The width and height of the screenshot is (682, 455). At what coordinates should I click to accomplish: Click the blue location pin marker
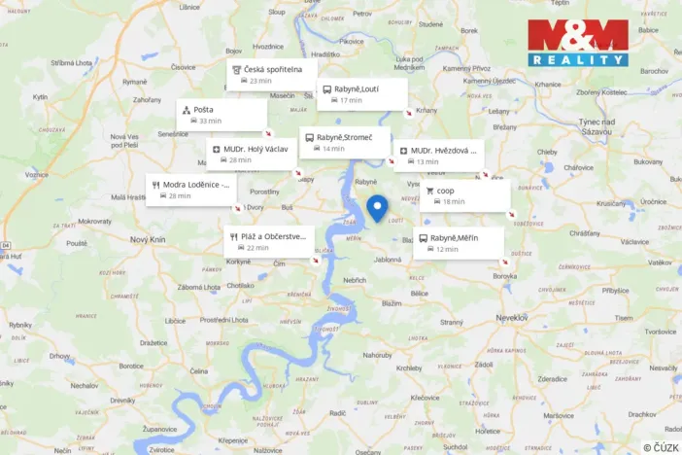pyautogui.click(x=377, y=208)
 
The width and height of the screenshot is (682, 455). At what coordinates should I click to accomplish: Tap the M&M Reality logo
pyautogui.click(x=577, y=43)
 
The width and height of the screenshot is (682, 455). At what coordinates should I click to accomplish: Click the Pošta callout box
pyautogui.click(x=222, y=115)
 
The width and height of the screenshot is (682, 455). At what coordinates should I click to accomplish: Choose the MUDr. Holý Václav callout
pyautogui.click(x=251, y=155)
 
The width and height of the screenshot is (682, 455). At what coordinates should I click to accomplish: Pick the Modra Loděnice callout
pyautogui.click(x=190, y=190)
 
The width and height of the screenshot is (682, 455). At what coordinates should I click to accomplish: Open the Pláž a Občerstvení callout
pyautogui.click(x=268, y=241)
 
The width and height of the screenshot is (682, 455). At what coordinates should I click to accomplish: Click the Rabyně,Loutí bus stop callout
pyautogui.click(x=361, y=94)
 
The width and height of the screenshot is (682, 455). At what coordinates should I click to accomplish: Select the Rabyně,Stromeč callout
pyautogui.click(x=345, y=143)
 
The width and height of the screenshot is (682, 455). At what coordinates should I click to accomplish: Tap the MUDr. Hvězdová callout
pyautogui.click(x=438, y=156)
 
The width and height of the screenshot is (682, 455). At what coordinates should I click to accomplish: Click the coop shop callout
pyautogui.click(x=464, y=195)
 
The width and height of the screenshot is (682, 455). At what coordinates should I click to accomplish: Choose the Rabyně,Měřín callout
pyautogui.click(x=459, y=243)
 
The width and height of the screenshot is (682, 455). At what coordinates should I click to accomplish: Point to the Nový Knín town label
pyautogui.click(x=149, y=238)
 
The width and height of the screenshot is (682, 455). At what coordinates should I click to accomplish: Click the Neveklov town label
pyautogui.click(x=511, y=317)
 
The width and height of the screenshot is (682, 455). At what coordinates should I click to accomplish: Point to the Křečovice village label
pyautogui.click(x=426, y=397)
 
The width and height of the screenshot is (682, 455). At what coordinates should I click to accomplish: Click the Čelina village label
pyautogui.click(x=199, y=371)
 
